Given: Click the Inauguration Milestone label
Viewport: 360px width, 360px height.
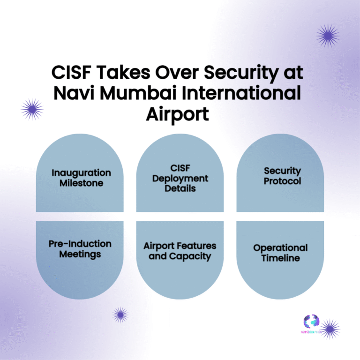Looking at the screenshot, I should [x=81, y=178].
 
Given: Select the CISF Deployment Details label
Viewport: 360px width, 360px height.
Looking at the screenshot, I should [x=180, y=178].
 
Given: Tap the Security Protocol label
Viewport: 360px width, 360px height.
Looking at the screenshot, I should [x=282, y=176].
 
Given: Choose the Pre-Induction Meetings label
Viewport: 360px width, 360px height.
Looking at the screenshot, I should [x=80, y=249].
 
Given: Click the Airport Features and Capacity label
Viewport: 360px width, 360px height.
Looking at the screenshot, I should [x=180, y=251].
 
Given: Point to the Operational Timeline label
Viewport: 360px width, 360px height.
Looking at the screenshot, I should [x=280, y=253].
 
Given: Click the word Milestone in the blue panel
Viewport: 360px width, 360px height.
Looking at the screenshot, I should [x=81, y=183].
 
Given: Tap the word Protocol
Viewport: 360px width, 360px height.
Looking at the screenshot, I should [x=282, y=181].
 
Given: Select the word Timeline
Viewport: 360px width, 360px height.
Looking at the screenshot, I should [x=280, y=258].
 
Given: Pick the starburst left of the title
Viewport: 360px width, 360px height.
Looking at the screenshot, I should [x=32, y=109].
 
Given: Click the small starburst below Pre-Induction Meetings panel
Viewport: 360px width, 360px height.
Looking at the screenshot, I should [x=120, y=315].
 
